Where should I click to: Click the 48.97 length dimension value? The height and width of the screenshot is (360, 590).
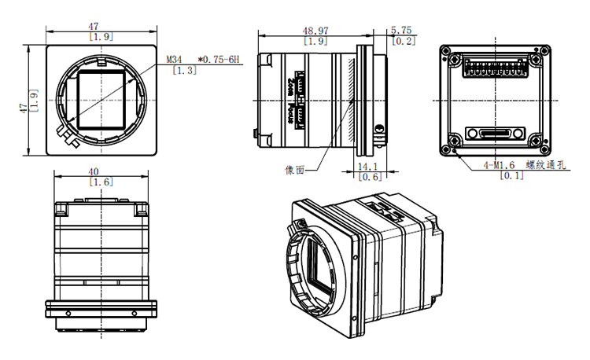pyautogui.click(x=315, y=31)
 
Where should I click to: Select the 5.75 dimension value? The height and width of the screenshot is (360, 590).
pyautogui.click(x=402, y=31)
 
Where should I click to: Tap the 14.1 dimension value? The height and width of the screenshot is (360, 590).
pyautogui.click(x=368, y=167)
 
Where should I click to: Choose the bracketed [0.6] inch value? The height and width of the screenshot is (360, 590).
pyautogui.click(x=368, y=177)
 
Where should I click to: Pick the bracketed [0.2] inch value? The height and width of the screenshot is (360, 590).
pyautogui.click(x=403, y=41)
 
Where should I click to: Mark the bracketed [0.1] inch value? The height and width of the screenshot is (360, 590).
pyautogui.click(x=511, y=175)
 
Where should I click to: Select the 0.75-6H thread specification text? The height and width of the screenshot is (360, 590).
pyautogui.click(x=222, y=60)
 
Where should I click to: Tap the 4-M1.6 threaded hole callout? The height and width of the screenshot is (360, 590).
pyautogui.click(x=499, y=165)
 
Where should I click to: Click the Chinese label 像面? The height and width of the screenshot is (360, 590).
pyautogui.click(x=295, y=168)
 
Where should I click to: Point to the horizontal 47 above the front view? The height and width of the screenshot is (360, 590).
pyautogui.click(x=100, y=26)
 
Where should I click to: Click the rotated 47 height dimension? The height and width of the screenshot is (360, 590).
pyautogui.click(x=24, y=101)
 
